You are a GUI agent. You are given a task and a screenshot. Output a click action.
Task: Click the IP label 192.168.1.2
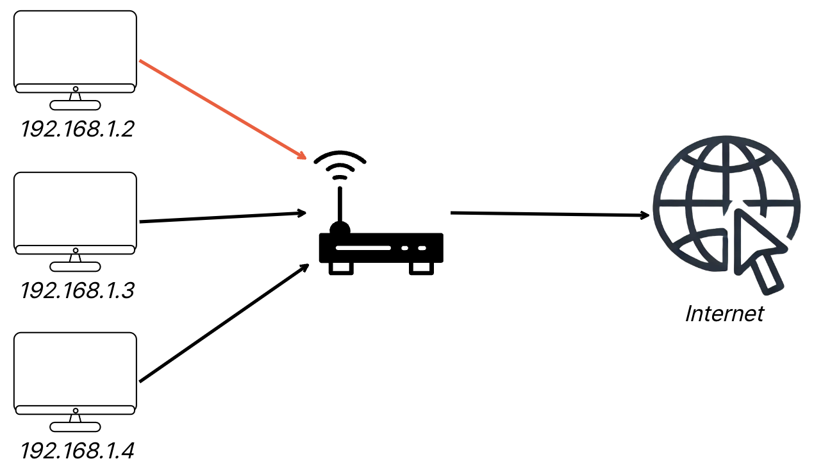pyautogui.click(x=77, y=130)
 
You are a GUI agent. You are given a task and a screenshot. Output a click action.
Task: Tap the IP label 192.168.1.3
pyautogui.click(x=77, y=290)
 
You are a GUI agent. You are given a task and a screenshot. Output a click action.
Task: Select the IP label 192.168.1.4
pyautogui.click(x=77, y=451)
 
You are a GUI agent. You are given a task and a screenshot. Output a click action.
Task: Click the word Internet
pyautogui.click(x=724, y=313)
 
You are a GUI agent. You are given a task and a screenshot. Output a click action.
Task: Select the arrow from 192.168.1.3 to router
pyautogui.click(x=221, y=217)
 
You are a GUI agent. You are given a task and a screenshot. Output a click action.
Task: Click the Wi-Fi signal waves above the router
pyautogui.click(x=340, y=165)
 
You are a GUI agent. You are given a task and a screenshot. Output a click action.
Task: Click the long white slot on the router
pyautogui.click(x=363, y=247)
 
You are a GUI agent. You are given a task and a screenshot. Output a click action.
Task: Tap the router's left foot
pyautogui.click(x=341, y=268)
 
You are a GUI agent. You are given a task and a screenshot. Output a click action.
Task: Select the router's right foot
pyautogui.click(x=421, y=268)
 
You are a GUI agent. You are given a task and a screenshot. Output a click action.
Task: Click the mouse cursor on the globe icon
pyautogui.click(x=756, y=247)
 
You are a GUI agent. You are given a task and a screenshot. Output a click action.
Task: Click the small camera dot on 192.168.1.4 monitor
pyautogui.click(x=76, y=410)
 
